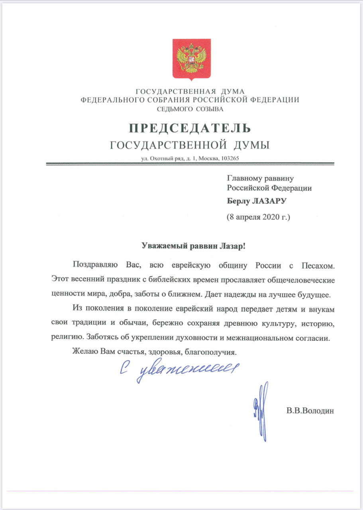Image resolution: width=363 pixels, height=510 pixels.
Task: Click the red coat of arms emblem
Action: [191, 59]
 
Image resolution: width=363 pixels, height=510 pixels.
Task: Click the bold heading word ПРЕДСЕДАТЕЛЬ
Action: [190, 128]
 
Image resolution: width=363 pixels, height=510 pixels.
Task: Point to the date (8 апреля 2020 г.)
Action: [259, 218]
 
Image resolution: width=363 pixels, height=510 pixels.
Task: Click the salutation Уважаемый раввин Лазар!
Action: [194, 246]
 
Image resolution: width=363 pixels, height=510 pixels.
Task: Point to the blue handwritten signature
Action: [261, 410]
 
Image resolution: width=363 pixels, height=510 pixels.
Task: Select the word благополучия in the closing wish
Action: [214, 352]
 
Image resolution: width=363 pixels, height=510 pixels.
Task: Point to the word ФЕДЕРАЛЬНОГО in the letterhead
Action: [112, 100]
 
